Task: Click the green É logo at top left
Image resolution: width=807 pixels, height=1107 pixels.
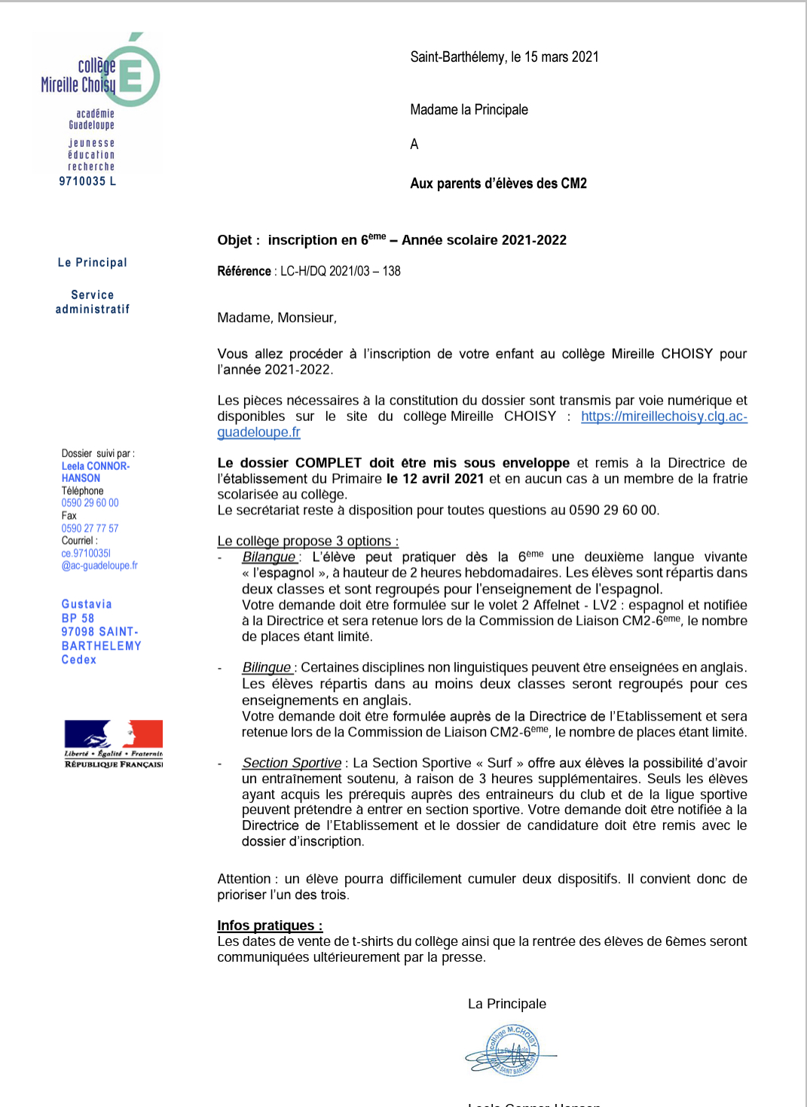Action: coord(136,74)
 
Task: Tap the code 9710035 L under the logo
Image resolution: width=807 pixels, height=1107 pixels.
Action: coord(87,181)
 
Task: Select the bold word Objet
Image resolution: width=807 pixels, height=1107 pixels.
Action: coord(235,240)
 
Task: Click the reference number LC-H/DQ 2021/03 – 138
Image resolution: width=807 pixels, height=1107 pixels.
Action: coord(341,271)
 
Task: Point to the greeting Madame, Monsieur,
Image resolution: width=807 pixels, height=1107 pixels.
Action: coord(277,318)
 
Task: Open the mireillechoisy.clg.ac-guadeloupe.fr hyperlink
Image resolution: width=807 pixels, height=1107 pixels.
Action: coord(663,416)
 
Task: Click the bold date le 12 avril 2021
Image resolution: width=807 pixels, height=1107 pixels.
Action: coord(436,479)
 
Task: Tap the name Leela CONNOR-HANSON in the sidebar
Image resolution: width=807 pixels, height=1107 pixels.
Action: coord(96,472)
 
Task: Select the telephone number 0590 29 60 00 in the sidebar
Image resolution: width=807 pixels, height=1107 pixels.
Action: coord(90,503)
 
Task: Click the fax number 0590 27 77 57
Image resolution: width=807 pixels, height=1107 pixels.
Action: coord(90,529)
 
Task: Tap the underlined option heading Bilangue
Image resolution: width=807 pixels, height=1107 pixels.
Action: coord(269,557)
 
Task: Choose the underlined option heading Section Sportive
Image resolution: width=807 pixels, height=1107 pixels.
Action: coord(292,763)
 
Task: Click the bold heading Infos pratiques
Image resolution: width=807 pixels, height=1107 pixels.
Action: coord(270,926)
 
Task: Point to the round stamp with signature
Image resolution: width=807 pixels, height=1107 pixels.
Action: coord(512,1050)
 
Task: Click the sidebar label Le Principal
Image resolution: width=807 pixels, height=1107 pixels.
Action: coord(93,263)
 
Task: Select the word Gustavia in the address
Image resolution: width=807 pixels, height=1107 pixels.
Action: coord(87,604)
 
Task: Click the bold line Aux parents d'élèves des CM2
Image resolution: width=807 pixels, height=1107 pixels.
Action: coord(498,184)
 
